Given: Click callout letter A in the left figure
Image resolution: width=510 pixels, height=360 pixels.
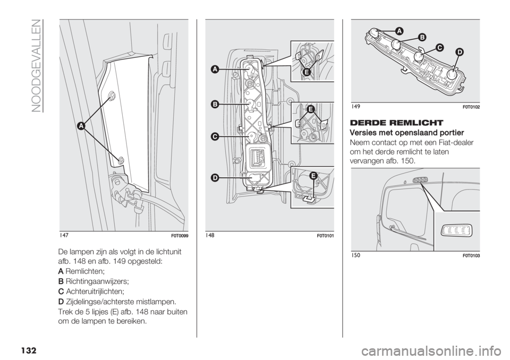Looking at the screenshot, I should click(82, 126).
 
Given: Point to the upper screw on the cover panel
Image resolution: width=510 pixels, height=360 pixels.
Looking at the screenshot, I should click(112, 96).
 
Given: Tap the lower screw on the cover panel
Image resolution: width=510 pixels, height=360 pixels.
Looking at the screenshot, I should click(122, 160).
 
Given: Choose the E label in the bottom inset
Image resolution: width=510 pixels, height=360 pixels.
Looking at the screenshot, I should click(313, 176).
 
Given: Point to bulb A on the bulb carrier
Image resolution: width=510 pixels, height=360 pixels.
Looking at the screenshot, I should click(374, 33).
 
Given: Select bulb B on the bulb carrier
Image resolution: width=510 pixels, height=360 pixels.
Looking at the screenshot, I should click(396, 44).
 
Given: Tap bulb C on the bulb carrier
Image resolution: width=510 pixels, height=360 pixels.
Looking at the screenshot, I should click(420, 55).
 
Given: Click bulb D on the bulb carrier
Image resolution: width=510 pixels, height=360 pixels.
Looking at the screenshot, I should click(452, 74).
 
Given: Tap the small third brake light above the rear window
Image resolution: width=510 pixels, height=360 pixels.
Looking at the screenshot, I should click(420, 181).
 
